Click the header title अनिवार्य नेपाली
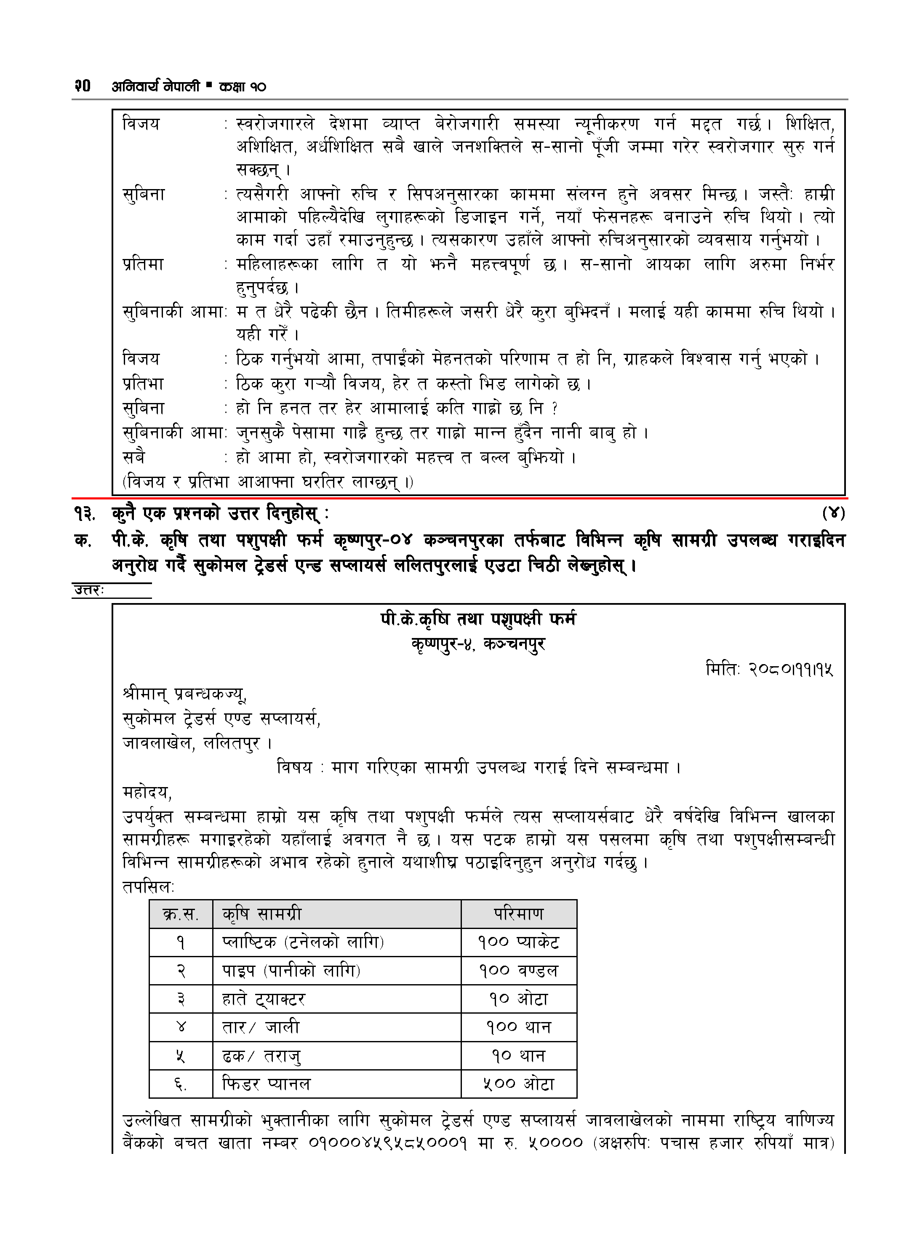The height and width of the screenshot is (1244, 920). (155, 86)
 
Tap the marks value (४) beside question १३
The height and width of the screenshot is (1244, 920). (833, 513)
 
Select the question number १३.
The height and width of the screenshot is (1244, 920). (85, 513)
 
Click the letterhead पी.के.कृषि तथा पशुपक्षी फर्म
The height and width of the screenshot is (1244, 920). (478, 619)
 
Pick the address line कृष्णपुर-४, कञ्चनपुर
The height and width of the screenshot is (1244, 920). (478, 644)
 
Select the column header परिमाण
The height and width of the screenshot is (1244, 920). (518, 914)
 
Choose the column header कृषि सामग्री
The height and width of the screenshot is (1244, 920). (262, 914)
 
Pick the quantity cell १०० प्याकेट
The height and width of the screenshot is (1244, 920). (518, 942)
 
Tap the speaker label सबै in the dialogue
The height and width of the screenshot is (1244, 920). (133, 457)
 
